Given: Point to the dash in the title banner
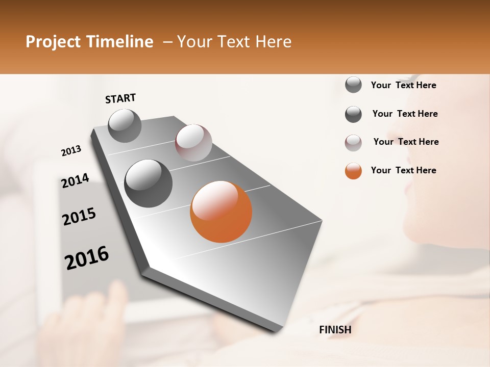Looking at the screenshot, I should pyautogui.click(x=167, y=42).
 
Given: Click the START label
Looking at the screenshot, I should pyautogui.click(x=120, y=98).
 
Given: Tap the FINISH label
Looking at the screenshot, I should pyautogui.click(x=335, y=330).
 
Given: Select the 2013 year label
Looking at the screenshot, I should pyautogui.click(x=71, y=151).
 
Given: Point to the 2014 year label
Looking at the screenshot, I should pyautogui.click(x=75, y=181).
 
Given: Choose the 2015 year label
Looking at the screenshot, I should pyautogui.click(x=79, y=217).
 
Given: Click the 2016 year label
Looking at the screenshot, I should pyautogui.click(x=86, y=257).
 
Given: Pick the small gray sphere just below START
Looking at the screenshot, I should pyautogui.click(x=125, y=126).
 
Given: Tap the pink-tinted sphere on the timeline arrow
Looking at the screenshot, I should pyautogui.click(x=193, y=143).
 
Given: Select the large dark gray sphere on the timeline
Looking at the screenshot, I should pyautogui.click(x=148, y=183).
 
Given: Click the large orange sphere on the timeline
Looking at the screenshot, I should pyautogui.click(x=221, y=212).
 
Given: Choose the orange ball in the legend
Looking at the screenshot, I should pyautogui.click(x=353, y=171).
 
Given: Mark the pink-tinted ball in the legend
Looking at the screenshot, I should pyautogui.click(x=353, y=143).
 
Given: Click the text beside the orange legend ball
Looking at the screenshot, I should pyautogui.click(x=403, y=170).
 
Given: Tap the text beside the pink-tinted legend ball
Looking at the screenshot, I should pyautogui.click(x=406, y=142).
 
